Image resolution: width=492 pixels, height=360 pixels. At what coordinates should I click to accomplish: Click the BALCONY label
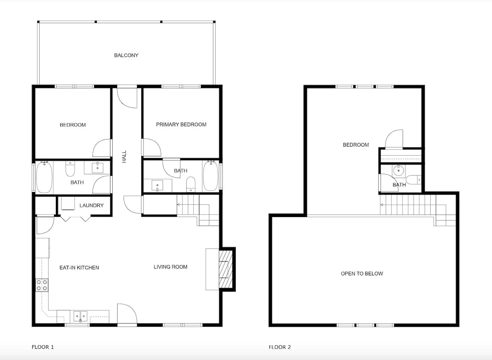126,55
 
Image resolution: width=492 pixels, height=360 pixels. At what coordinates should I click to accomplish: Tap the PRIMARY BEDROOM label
181,124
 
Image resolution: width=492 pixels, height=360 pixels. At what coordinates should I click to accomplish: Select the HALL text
124,157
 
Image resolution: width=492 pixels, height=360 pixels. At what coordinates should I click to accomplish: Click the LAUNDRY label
91,205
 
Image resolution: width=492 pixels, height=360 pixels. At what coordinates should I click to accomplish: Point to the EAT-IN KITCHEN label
79,267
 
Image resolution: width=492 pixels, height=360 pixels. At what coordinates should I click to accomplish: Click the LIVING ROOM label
170,267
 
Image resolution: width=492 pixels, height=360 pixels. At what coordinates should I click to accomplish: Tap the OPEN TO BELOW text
362,273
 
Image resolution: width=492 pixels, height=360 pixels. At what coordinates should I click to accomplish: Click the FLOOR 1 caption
43,347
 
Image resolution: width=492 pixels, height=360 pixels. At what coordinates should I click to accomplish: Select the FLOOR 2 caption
280,347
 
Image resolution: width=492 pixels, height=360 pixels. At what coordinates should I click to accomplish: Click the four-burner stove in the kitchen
42,285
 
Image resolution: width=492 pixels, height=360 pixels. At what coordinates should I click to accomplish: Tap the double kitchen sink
81,316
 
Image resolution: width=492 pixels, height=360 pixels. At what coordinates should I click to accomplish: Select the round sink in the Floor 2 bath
398,171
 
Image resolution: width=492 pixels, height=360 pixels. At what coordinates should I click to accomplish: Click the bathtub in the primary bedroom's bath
211,176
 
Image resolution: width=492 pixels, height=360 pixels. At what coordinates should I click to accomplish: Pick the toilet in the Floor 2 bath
413,180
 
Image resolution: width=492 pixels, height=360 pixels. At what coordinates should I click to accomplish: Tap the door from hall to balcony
127,97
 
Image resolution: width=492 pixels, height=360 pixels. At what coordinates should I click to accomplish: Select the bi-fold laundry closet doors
75,219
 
